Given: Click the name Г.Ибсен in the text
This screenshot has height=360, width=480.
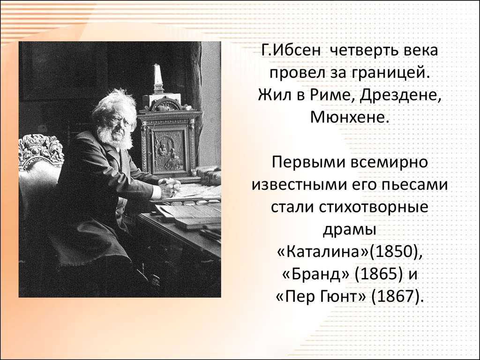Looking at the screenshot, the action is pyautogui.click(x=292, y=51).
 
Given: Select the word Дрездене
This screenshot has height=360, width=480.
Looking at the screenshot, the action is pyautogui.click(x=401, y=96).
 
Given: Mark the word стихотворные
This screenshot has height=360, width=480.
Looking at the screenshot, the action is pyautogui.click(x=374, y=207).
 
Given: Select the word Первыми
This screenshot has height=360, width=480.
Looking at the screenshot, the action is pyautogui.click(x=307, y=162).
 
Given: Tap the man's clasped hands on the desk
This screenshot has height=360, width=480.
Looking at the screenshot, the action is pyautogui.click(x=169, y=187).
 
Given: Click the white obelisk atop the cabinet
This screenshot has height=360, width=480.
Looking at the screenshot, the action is pyautogui.click(x=157, y=78).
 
